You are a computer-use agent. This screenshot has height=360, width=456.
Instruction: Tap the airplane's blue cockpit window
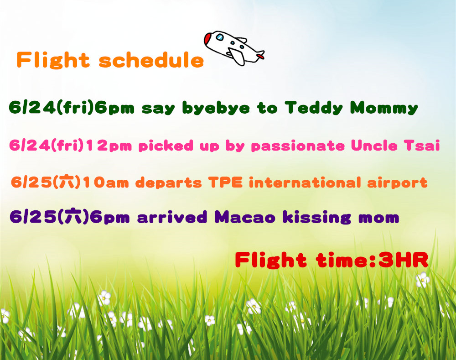(220, 37)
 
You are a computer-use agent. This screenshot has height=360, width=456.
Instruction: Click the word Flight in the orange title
(53, 60)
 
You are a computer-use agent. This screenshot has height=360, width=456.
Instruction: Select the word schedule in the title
(151, 60)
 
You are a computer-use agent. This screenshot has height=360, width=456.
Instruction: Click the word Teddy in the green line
(314, 108)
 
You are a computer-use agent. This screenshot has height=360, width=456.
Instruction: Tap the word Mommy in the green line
(384, 108)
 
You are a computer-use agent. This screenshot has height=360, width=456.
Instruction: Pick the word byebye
(216, 108)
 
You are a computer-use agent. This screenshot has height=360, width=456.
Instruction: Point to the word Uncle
(374, 145)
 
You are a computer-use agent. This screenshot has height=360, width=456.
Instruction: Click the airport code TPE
(225, 183)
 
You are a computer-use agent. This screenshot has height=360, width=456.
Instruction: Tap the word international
(305, 183)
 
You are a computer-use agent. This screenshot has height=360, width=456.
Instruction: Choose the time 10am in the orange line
(106, 183)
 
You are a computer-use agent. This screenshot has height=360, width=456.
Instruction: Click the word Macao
(245, 217)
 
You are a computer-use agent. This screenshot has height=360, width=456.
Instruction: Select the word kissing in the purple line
(317, 218)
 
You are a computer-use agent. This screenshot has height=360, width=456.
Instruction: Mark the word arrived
(172, 217)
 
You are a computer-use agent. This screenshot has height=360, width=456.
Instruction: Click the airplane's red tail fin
(260, 55)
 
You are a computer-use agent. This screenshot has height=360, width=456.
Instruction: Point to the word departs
(168, 183)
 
